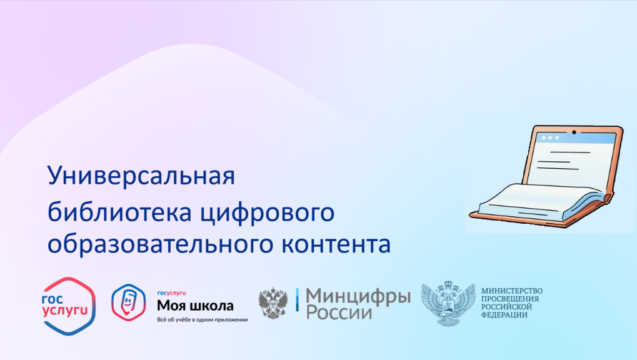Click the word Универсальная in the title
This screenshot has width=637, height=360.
[141, 176]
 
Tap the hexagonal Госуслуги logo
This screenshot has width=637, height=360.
[69, 306]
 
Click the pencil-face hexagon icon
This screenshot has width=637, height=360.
[128, 302]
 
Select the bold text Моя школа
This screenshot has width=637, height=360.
[195, 306]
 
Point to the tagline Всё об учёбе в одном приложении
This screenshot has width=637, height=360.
[203, 320]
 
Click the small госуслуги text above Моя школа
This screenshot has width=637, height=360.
[171, 293]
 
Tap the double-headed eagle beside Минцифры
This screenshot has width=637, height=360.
[273, 303]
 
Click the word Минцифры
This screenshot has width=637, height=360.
[358, 298]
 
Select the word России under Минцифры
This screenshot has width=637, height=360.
[339, 312]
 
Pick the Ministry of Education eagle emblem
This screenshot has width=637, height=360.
[448, 303]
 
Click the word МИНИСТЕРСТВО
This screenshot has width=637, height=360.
[512, 291]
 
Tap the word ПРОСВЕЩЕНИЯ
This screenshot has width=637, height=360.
[510, 299]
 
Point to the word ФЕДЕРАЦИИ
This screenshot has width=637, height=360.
[504, 315]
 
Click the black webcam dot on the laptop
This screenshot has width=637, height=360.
[574, 132]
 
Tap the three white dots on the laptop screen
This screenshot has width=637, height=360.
[550, 137]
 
